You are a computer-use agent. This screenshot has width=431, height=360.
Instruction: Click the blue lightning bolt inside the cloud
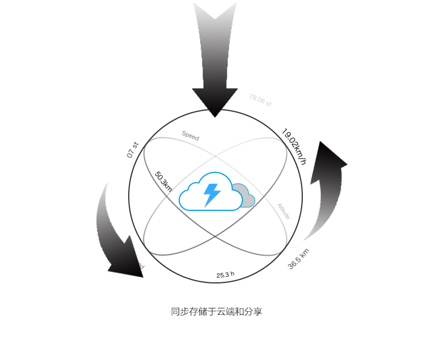[212, 194]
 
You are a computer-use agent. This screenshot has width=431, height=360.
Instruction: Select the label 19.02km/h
[294, 146]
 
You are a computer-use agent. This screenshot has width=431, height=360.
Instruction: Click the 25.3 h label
[225, 275]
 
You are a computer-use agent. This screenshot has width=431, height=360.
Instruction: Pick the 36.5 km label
[298, 259]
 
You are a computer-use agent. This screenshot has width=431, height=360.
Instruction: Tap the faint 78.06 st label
[260, 100]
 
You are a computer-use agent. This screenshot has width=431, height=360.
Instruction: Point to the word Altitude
[284, 211]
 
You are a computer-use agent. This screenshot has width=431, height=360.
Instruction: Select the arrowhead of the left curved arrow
[129, 262]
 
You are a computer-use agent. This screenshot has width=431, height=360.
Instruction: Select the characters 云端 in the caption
[225, 312]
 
